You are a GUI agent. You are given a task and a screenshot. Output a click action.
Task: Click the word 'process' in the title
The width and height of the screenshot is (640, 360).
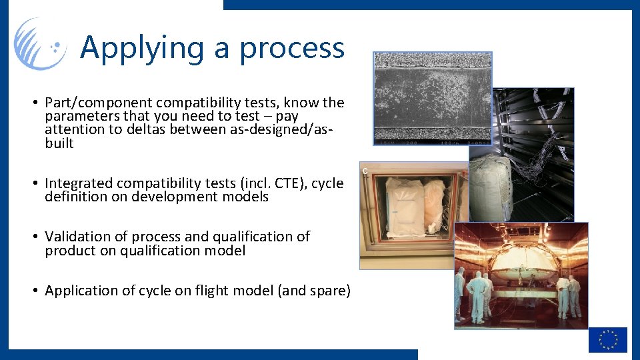(292, 48)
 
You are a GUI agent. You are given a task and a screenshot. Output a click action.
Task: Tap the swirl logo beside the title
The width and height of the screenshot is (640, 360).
(40, 44)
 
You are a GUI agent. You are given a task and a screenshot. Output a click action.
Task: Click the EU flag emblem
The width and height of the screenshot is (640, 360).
(607, 339)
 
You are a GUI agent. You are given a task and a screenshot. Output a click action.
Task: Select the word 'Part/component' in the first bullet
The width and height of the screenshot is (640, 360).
(90, 103)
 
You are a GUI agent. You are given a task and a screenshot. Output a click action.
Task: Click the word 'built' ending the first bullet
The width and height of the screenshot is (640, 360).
(59, 144)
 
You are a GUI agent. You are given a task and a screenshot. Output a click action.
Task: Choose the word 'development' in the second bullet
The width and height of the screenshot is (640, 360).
(175, 197)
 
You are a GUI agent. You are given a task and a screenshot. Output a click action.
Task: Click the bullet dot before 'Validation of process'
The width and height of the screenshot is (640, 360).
(33, 237)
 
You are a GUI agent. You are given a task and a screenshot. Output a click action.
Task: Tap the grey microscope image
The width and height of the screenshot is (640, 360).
(432, 97)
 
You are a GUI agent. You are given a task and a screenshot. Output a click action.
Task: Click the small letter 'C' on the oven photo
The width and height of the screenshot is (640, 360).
(365, 171)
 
